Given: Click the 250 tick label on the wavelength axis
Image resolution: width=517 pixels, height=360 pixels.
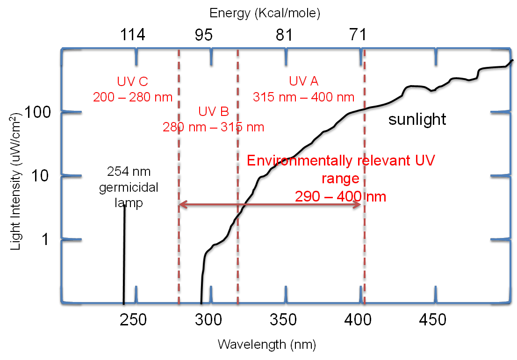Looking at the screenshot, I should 133,320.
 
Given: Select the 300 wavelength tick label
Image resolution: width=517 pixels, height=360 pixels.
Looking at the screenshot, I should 208,320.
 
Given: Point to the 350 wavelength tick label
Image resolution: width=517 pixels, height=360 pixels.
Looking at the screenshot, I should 284,320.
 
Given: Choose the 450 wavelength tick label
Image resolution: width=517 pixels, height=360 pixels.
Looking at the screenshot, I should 433,320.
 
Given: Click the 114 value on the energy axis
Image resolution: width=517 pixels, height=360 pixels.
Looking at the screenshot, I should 132,35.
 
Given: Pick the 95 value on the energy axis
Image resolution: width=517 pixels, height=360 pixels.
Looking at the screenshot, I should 204,35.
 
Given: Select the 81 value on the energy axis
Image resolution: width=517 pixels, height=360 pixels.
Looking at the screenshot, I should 284,35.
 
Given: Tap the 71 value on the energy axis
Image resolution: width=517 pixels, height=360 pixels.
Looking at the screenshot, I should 357,35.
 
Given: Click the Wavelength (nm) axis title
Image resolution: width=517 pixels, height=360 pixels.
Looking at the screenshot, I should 266,345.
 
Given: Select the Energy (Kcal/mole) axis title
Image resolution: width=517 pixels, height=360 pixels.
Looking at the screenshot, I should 265,13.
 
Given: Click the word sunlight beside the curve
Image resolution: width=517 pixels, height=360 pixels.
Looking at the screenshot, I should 417,120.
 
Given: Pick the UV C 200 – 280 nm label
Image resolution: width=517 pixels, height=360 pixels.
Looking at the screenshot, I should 133,89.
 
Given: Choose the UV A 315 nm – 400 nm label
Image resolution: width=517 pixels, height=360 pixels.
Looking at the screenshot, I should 303,89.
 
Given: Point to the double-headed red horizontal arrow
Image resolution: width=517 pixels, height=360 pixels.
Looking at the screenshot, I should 270,204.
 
